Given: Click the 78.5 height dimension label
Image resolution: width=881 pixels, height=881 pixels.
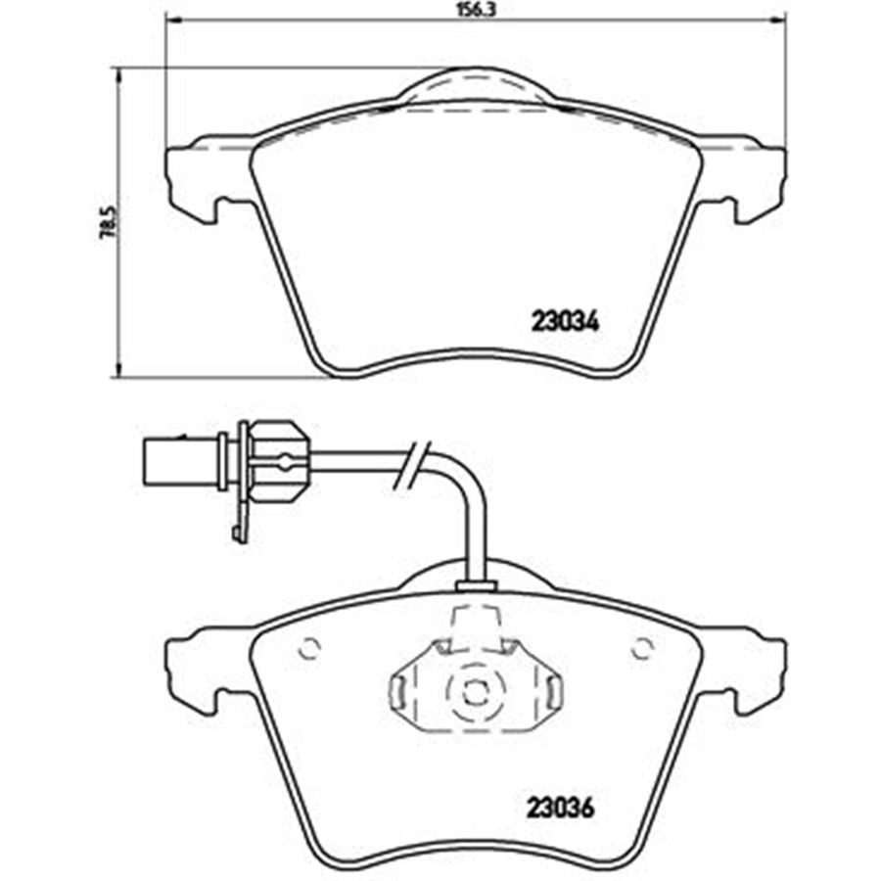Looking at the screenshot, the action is tap(107, 223).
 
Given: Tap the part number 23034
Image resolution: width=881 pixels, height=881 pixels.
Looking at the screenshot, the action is tap(566, 322).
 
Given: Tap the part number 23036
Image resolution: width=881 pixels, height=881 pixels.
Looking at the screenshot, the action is tap(560, 810).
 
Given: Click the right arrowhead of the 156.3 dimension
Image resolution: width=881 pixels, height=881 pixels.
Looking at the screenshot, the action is tap(776, 21).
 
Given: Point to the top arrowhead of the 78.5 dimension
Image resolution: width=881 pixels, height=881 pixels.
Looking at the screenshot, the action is tap(118, 75).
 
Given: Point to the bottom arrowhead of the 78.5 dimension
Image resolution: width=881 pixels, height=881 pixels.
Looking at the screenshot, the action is tap(118, 369).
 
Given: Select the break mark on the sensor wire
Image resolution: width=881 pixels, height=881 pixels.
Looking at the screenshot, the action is tap(415, 463).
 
